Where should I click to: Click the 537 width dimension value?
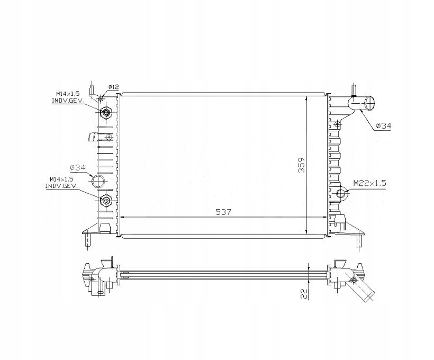click(223, 212)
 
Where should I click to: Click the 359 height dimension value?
click(302, 165)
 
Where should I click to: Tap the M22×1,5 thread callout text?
click(369, 183)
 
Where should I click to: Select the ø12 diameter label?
click(113, 87)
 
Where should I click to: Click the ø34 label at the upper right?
click(383, 126)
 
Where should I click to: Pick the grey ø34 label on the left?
click(77, 167)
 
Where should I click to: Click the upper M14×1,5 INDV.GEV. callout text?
click(68, 97)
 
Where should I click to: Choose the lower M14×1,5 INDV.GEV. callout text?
click(61, 183)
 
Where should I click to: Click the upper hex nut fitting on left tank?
click(106, 112)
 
